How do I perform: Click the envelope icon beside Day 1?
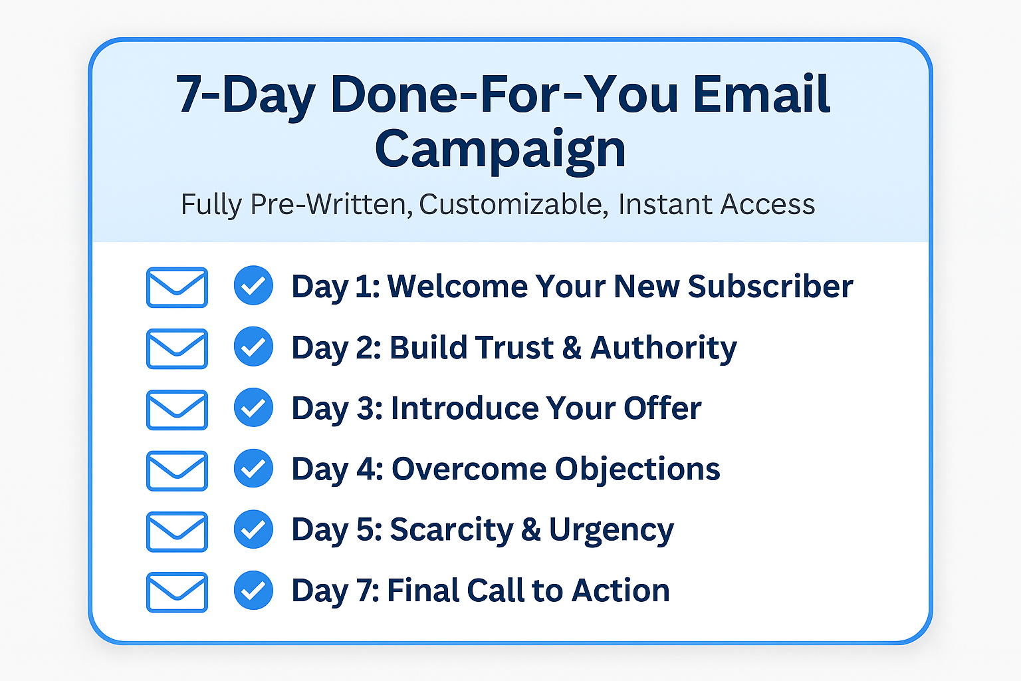click(177, 287)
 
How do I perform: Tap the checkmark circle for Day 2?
click(253, 346)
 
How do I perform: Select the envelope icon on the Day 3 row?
click(177, 410)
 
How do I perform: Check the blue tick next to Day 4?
click(253, 468)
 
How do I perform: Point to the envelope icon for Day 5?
click(177, 531)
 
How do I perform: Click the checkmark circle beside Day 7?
click(253, 590)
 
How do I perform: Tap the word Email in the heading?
click(761, 94)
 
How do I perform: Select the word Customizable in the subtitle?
click(514, 204)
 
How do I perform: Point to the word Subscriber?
click(770, 287)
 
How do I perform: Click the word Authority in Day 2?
click(663, 348)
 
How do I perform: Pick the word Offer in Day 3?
click(662, 408)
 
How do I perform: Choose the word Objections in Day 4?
click(637, 470)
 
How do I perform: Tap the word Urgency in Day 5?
click(612, 531)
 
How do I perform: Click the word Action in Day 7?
click(620, 591)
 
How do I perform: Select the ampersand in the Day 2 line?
click(572, 348)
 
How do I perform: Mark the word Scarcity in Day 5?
click(451, 531)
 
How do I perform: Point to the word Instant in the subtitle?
click(665, 204)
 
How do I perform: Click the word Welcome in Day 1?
click(457, 287)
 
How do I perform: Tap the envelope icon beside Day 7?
click(177, 592)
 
